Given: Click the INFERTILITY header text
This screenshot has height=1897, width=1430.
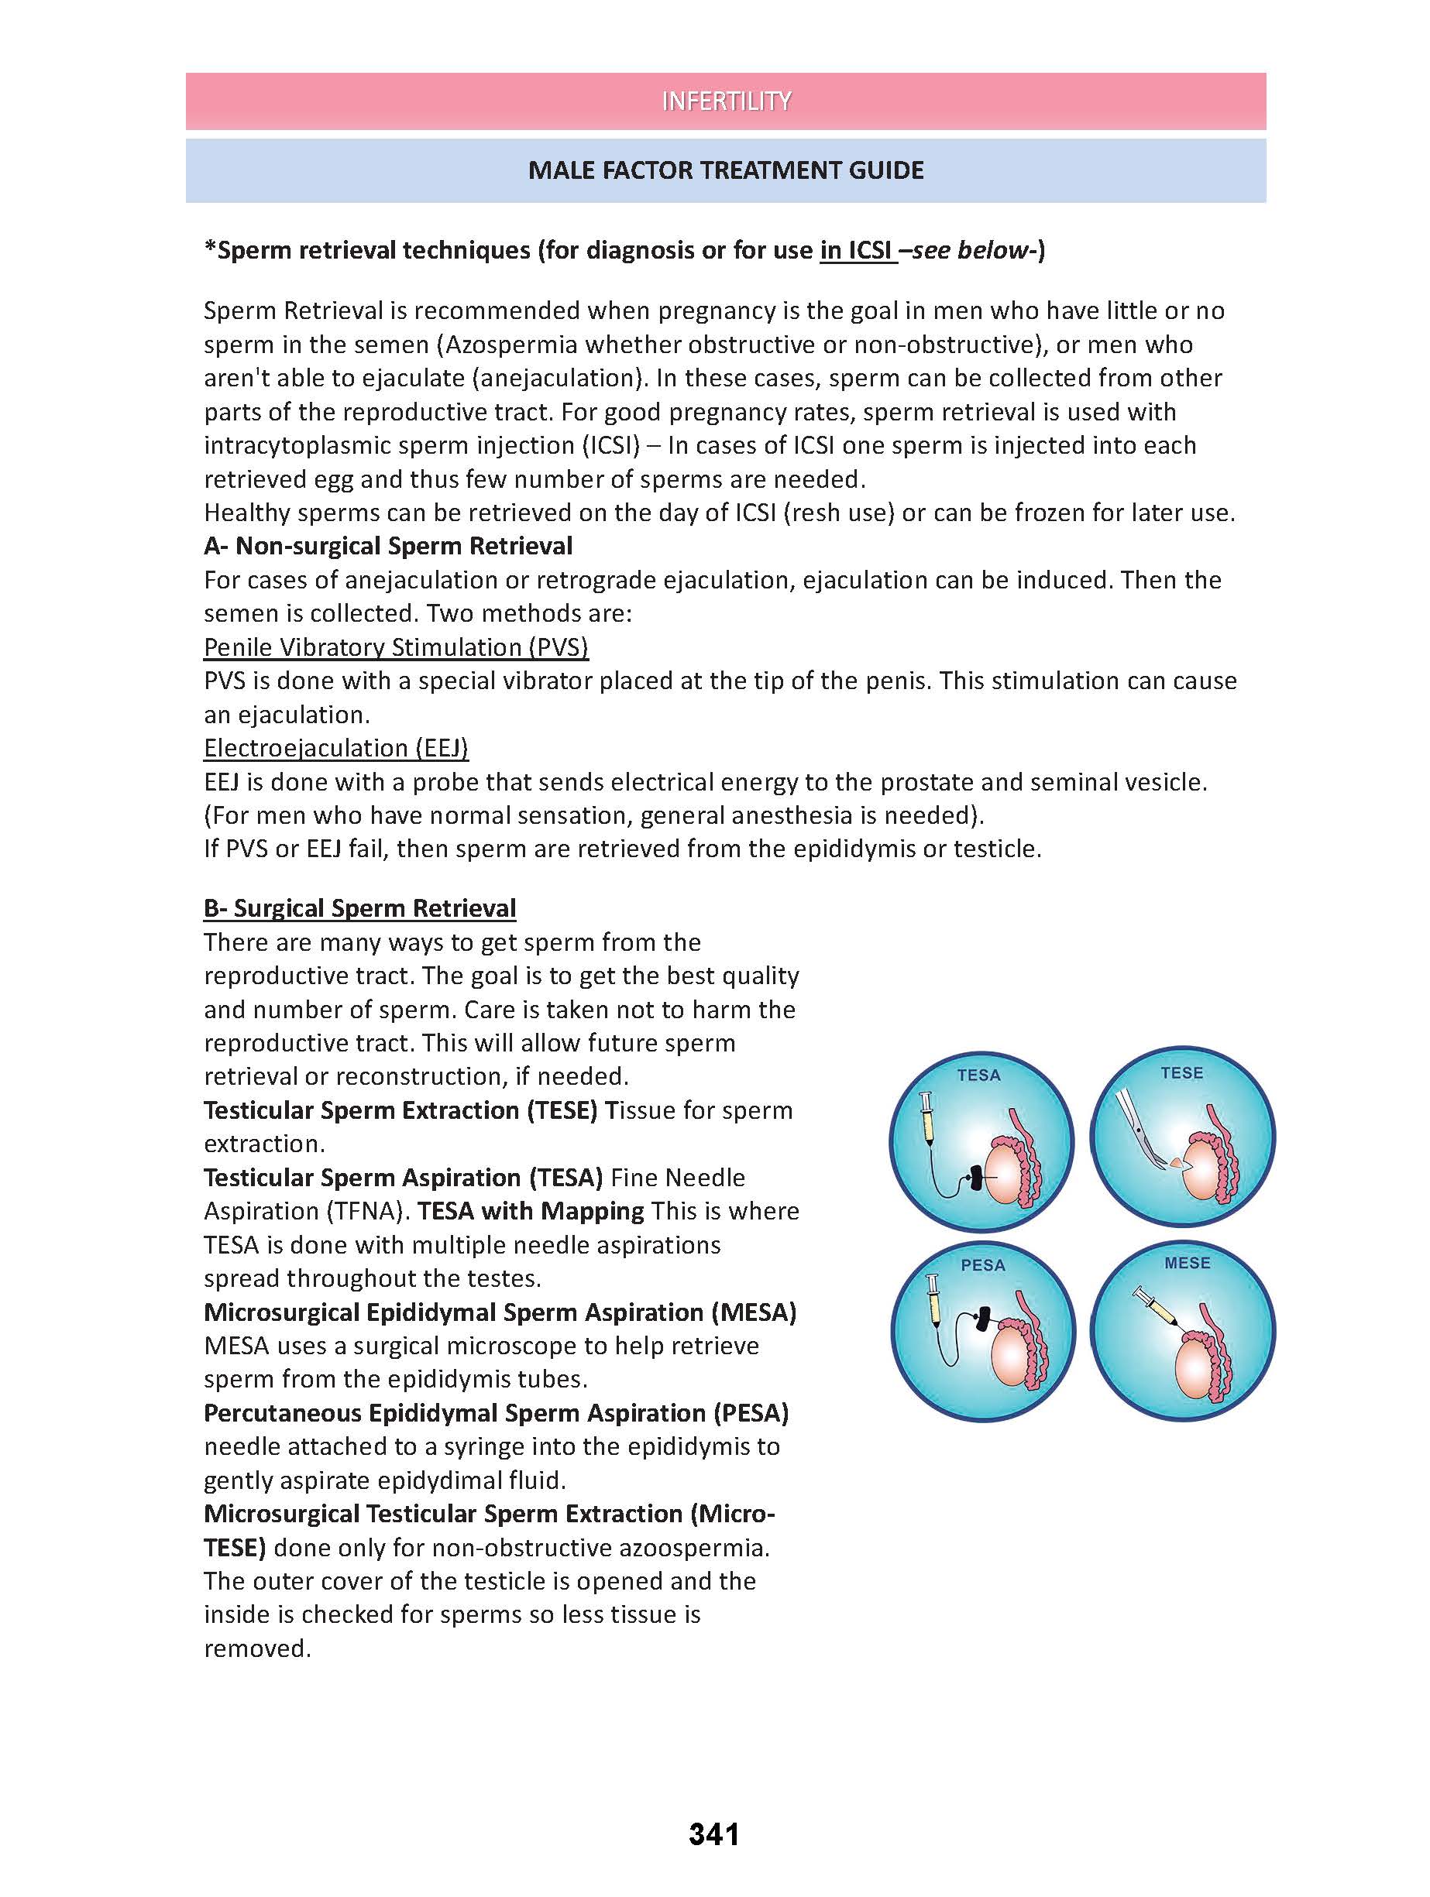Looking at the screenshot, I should point(726,101).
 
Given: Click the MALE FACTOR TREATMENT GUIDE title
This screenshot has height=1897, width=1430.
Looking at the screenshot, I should point(726,170).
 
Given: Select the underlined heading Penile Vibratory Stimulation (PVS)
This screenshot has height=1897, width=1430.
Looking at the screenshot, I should point(396,647).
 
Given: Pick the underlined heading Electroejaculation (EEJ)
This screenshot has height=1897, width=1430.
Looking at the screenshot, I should point(335,748).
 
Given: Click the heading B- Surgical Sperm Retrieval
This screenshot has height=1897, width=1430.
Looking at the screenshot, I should point(359,908).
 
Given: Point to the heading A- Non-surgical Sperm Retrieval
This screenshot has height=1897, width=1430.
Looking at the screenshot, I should point(388,547).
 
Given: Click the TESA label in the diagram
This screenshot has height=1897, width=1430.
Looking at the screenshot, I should point(979,1075).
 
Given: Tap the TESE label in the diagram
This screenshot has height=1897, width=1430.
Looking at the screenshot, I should point(1181,1073).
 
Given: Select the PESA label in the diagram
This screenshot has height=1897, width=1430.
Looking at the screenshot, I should point(982,1265).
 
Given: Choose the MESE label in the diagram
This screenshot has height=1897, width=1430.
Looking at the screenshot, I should point(1188,1263).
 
